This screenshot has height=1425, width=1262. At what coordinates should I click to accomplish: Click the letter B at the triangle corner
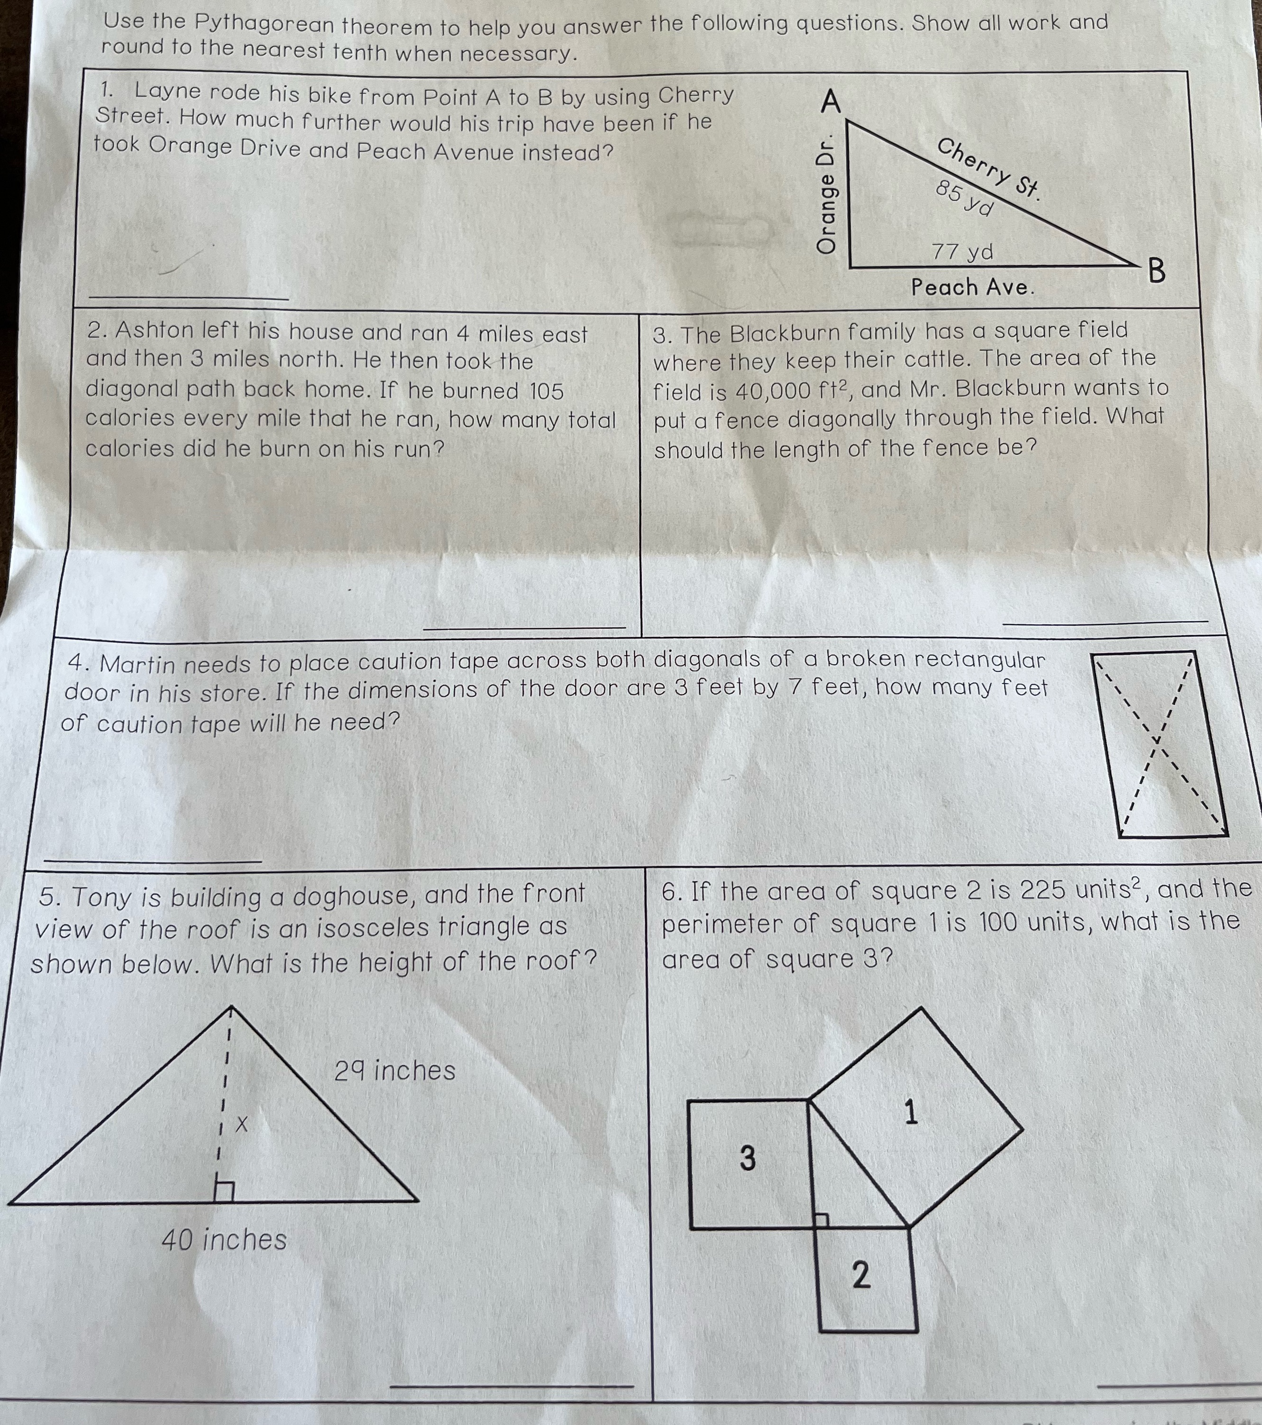[x=1156, y=271]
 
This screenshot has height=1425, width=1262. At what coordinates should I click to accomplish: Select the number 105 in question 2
[x=546, y=391]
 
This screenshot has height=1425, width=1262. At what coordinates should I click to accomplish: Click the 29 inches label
[x=394, y=1070]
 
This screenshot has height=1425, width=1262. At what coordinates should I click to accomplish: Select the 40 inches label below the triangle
[x=224, y=1239]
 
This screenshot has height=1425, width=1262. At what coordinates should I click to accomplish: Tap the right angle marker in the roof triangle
[x=224, y=1191]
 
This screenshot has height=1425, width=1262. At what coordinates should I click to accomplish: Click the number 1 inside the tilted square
[x=911, y=1112]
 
